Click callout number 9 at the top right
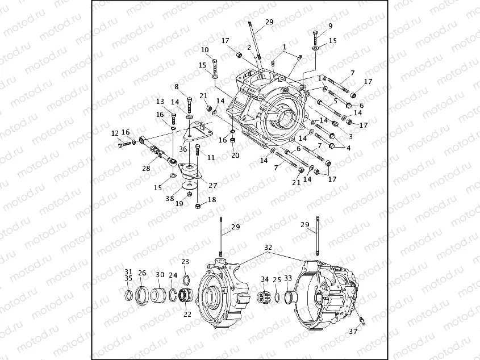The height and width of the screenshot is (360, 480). coord(330,26)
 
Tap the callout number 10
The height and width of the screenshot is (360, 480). coord(204,49)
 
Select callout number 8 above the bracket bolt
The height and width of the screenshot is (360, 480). coord(176,86)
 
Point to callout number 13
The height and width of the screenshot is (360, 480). coord(160,101)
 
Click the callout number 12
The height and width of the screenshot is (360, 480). coord(115,133)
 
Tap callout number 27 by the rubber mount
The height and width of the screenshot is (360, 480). coord(212,185)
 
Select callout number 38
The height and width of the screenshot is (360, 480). coord(169,198)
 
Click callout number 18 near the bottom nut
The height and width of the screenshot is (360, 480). coord(212,200)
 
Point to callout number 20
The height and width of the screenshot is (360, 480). coord(235,155)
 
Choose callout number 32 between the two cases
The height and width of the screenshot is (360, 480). coord(268,248)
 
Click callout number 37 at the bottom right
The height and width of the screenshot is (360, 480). coord(353,331)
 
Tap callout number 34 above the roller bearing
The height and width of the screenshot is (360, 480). coord(265,279)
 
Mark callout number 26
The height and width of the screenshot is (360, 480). coord(142,273)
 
